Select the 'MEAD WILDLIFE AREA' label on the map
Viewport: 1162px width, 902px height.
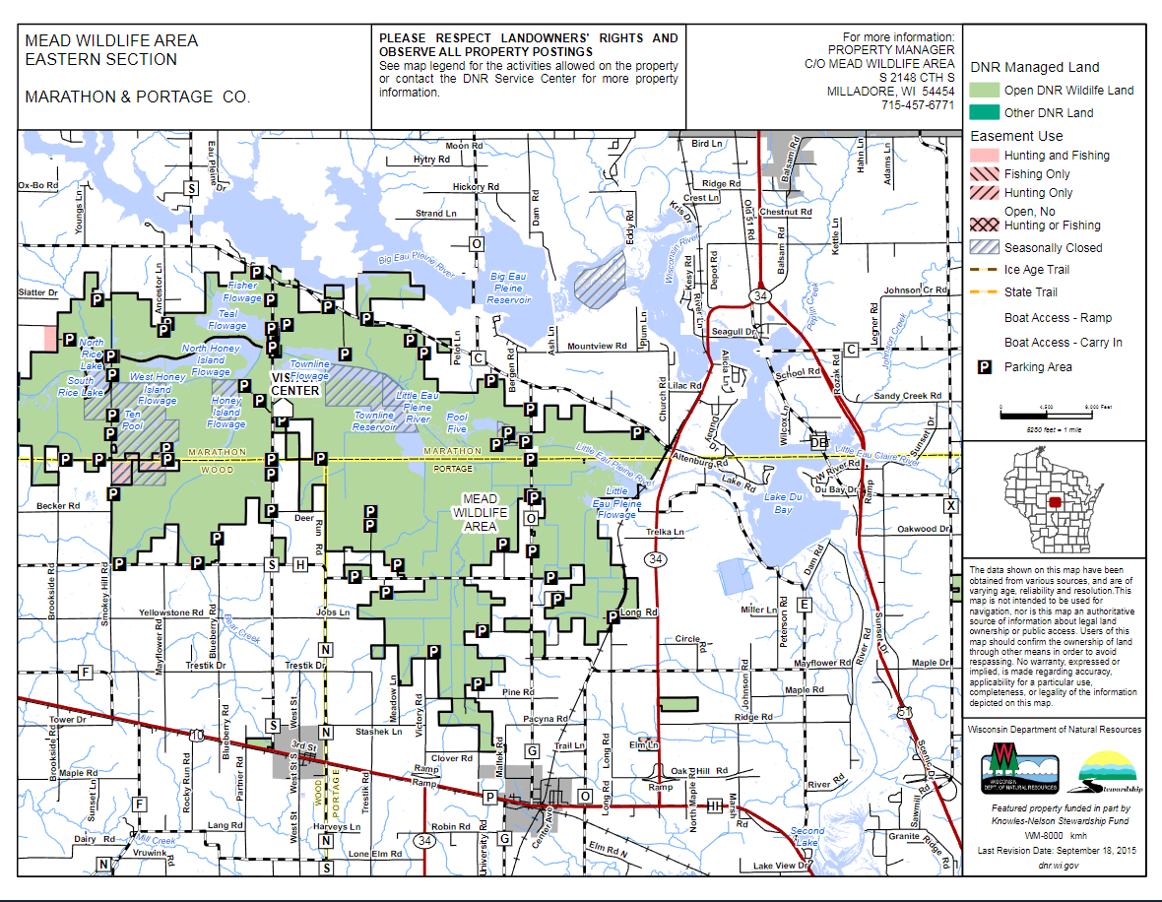(x=480, y=512)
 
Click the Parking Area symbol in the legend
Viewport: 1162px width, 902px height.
(x=983, y=367)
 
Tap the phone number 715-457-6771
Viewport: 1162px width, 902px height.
(x=918, y=104)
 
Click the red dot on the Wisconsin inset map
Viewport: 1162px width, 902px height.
(x=1056, y=502)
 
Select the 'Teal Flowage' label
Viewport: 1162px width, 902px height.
(x=226, y=319)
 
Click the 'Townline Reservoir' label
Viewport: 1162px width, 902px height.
(x=373, y=421)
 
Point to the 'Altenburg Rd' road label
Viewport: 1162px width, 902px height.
(x=696, y=459)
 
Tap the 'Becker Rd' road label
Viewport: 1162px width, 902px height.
(x=57, y=505)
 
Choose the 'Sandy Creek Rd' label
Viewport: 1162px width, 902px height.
(x=908, y=396)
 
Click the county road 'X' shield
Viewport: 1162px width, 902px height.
(x=950, y=505)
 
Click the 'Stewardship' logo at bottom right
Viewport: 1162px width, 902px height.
(x=1110, y=773)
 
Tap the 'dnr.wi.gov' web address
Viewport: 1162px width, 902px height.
(x=1059, y=865)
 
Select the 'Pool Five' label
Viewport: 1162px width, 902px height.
(x=457, y=423)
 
